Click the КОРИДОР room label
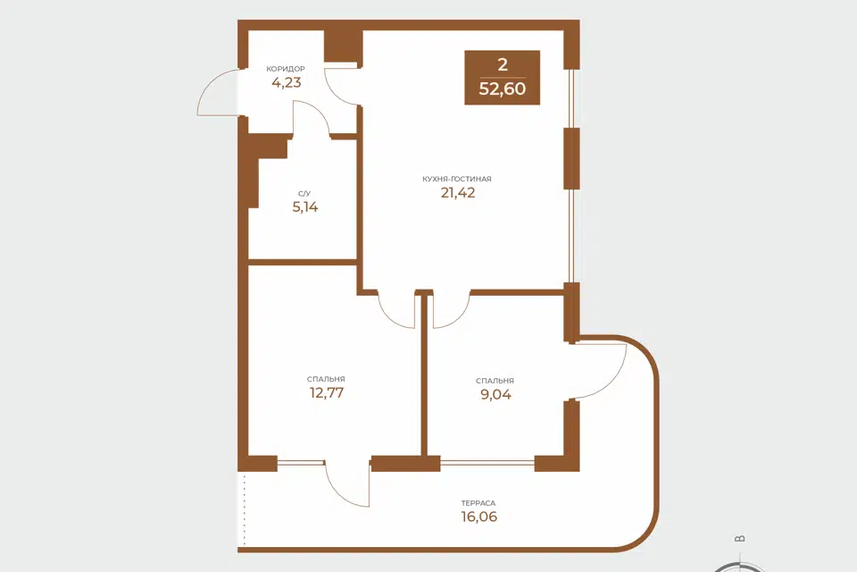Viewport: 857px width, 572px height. [286, 69]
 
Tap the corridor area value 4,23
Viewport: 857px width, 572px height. [287, 82]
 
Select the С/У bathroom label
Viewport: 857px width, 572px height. [304, 194]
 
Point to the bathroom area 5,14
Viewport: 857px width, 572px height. [305, 207]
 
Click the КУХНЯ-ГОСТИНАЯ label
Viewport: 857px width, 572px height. [457, 179]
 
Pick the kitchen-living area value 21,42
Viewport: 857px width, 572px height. [458, 193]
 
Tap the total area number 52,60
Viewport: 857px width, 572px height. [503, 88]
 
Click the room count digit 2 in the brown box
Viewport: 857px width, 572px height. [503, 64]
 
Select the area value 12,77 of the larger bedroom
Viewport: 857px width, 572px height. [327, 393]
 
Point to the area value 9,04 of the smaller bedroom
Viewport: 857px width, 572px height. [495, 395]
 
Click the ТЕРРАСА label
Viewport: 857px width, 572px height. [478, 503]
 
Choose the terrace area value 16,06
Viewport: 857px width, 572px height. [479, 517]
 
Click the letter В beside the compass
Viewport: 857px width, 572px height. [740, 539]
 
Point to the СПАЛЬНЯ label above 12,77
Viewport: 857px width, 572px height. [326, 379]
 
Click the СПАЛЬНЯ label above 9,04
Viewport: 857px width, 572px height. [495, 381]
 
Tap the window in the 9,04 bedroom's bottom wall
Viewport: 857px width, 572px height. [487, 464]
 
